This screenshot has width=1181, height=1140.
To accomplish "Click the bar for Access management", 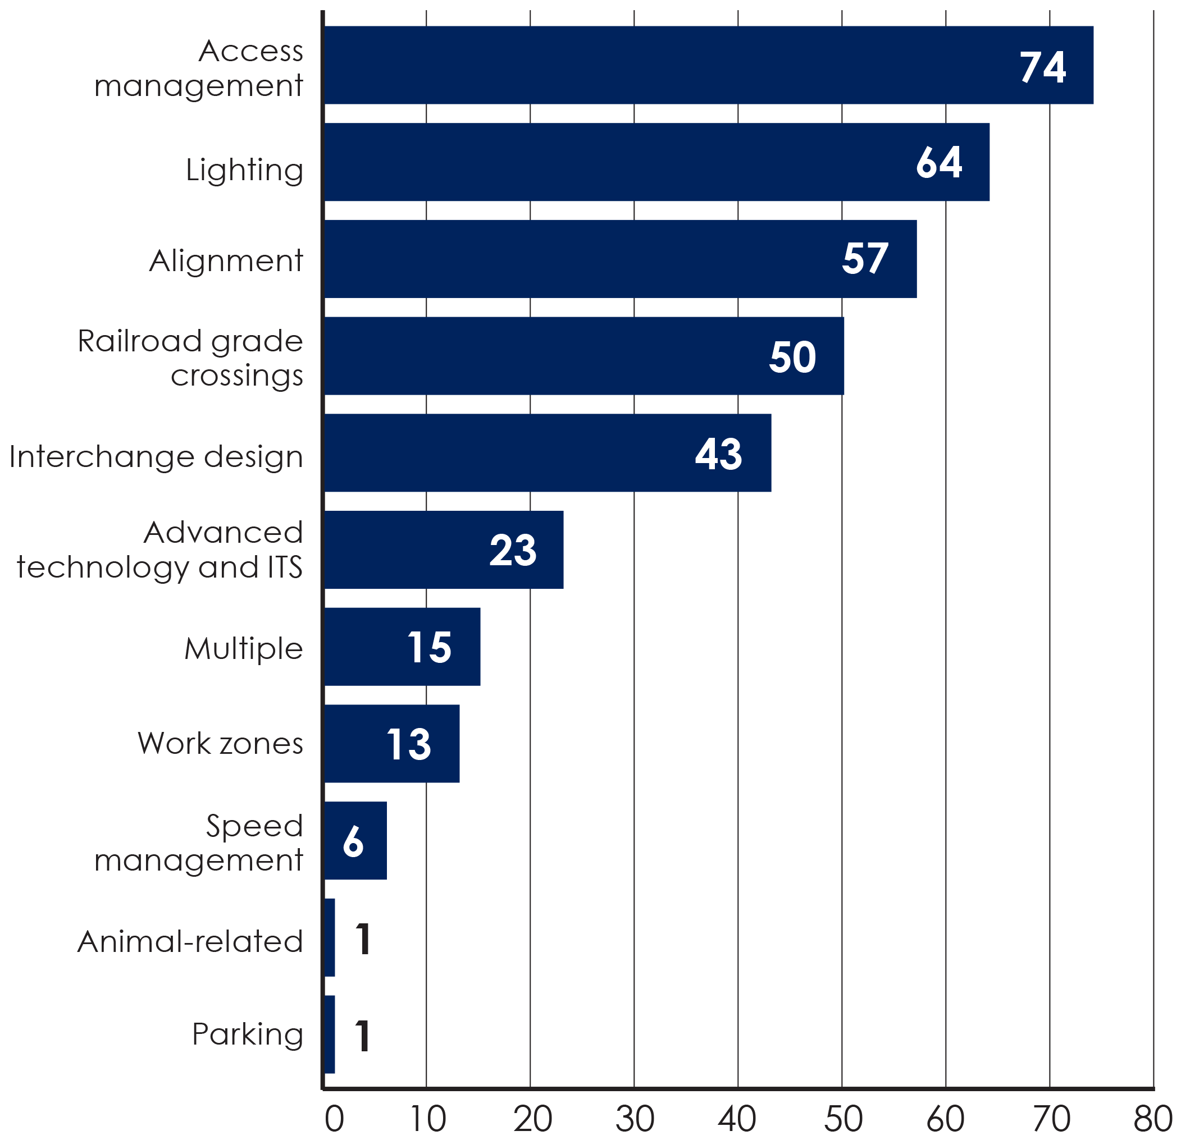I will coord(663,65).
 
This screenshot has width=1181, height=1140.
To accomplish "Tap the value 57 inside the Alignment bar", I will coord(865,259).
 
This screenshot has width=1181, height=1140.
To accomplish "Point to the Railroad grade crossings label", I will coord(190,358).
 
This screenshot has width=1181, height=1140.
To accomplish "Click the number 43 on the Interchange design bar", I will coord(718,454).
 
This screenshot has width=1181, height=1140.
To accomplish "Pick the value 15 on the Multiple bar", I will coord(429,647).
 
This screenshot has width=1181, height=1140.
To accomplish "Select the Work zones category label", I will coord(220,744).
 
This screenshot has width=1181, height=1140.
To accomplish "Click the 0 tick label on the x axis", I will coord(334,1119).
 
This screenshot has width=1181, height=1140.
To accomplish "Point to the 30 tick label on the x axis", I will coord(635,1119).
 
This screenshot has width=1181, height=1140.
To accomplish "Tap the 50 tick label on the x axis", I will coord(842,1119).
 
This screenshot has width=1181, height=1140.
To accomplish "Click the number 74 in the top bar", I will coord(1042,66).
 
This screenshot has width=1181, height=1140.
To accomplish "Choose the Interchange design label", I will coord(156,456).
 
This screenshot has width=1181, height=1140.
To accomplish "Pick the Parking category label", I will coord(247,1034).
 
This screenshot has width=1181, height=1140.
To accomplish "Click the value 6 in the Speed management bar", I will coord(353,841).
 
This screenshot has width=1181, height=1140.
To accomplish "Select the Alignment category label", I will coord(226,262).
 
